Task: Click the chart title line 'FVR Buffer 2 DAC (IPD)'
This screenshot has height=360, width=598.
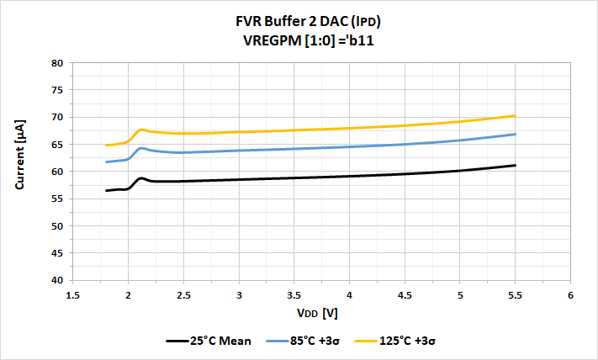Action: coord(299,20)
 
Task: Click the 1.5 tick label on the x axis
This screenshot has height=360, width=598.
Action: coord(72,295)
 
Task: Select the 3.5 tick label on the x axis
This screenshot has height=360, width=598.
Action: coord(294,295)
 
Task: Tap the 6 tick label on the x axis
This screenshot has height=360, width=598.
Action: coord(569,295)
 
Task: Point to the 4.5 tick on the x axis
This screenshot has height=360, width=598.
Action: coord(404,295)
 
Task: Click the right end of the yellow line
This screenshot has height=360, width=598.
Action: coord(515,115)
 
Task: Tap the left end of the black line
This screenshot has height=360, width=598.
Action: coord(106,191)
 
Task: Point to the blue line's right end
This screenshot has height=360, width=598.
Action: coord(515,134)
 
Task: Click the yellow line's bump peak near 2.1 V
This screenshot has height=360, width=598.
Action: coord(142,130)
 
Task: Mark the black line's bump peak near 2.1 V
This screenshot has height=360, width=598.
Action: coord(142,178)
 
